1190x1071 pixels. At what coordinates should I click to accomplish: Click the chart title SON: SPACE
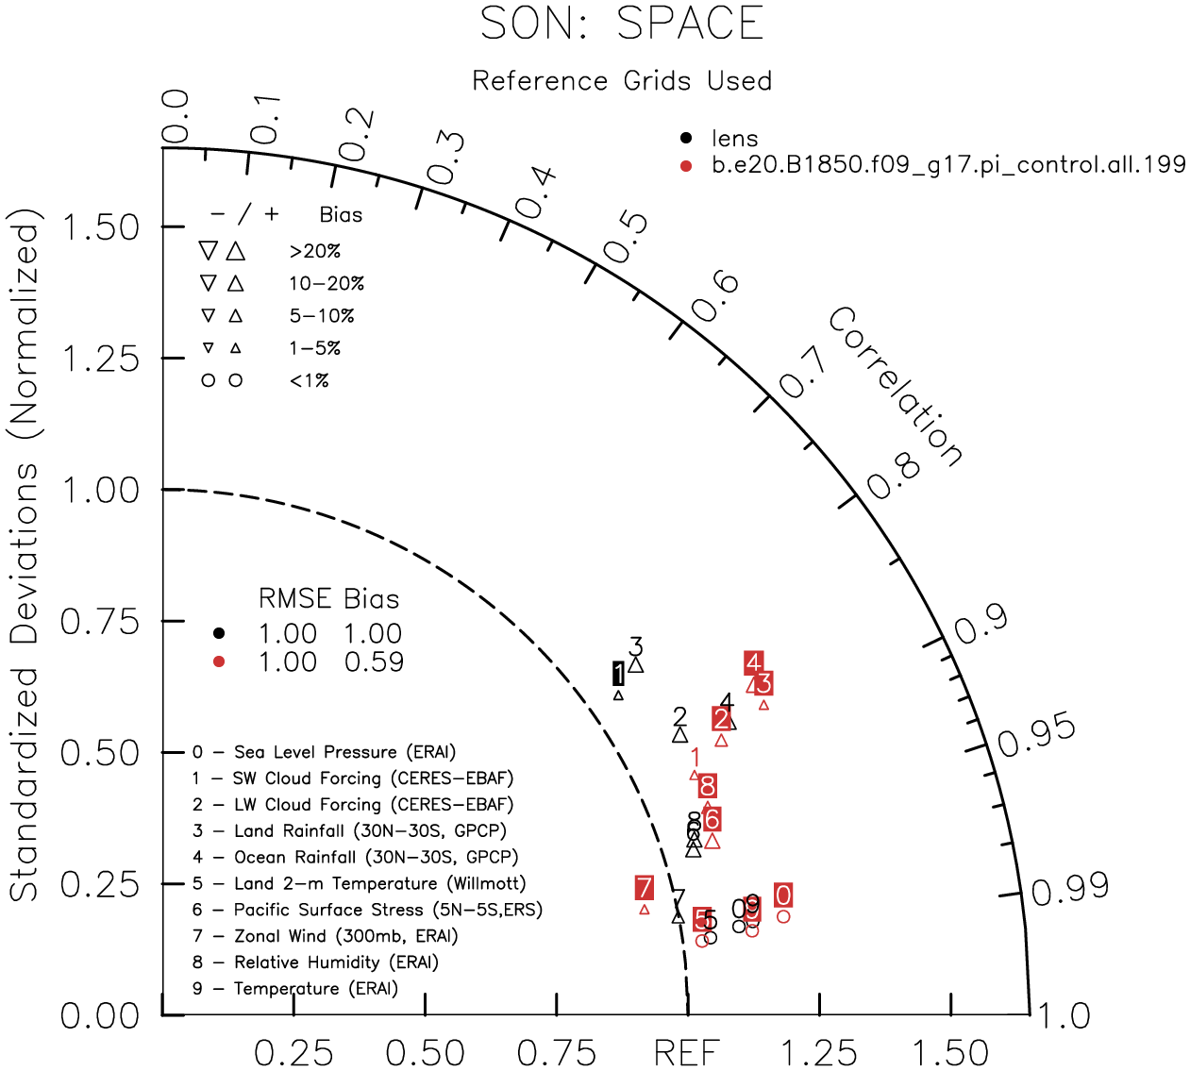622,25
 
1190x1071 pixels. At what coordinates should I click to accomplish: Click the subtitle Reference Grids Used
622,81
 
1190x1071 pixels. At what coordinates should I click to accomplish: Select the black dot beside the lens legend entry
686,139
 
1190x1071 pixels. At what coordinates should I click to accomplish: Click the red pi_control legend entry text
948,164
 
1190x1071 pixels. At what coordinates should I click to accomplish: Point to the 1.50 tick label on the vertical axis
100,227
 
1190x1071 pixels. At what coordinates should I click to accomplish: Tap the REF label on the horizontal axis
687,1051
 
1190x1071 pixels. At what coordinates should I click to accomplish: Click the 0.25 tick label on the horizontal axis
293,1051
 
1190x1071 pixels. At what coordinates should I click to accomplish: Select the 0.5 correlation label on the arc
626,237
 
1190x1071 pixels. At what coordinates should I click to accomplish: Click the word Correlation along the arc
896,387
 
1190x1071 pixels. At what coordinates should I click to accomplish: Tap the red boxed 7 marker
644,888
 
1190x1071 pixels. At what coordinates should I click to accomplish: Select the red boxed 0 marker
783,895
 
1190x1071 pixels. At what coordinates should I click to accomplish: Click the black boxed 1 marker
618,674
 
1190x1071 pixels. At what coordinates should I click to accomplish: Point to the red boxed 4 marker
753,662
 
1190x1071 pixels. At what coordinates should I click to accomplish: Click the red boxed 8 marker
707,785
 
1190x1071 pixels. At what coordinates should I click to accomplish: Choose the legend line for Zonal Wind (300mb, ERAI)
326,936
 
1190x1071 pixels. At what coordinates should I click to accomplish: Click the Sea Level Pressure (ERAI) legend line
324,752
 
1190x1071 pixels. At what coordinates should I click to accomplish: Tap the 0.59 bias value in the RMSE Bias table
374,662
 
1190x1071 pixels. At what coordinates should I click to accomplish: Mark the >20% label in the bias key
315,251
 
